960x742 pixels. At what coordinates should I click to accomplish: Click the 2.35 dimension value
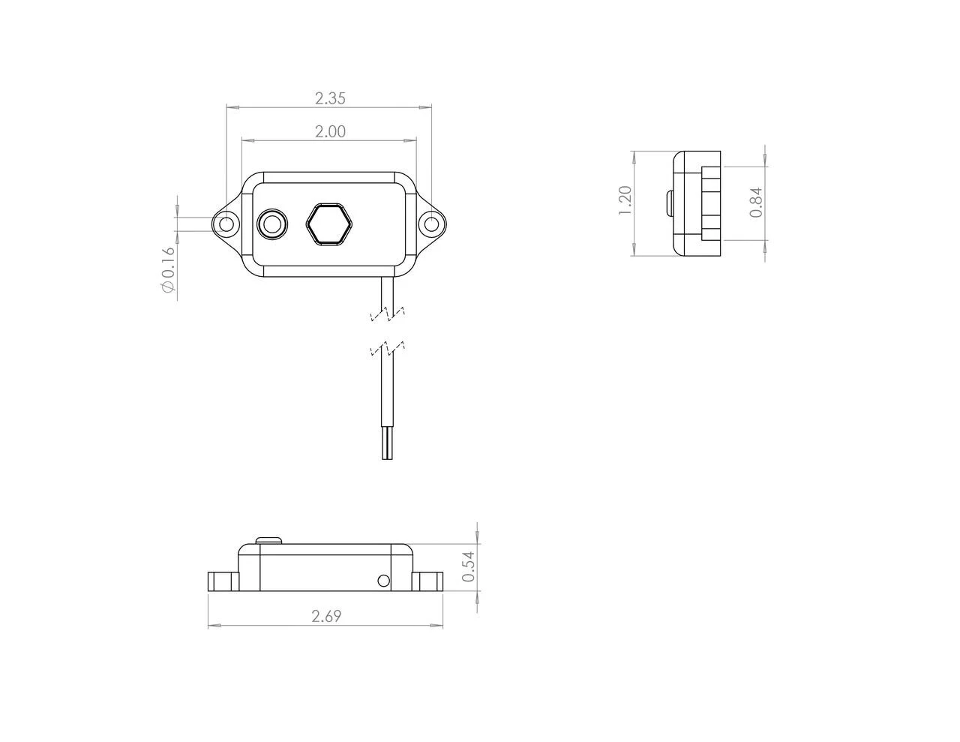click(x=330, y=98)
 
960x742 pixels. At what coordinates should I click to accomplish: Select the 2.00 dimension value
click(x=330, y=131)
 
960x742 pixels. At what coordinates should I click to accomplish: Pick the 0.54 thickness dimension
click(x=469, y=566)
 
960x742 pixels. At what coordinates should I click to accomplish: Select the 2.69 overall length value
click(x=326, y=617)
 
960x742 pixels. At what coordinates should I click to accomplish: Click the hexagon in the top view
click(x=329, y=224)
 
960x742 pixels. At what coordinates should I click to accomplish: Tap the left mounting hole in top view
click(x=226, y=224)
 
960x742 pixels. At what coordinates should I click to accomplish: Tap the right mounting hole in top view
click(x=431, y=224)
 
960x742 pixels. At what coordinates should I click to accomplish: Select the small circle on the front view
click(x=383, y=581)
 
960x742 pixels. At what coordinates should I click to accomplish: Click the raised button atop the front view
click(x=268, y=539)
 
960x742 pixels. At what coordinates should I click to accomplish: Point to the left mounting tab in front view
click(x=222, y=581)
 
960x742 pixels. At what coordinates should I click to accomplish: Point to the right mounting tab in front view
click(x=427, y=581)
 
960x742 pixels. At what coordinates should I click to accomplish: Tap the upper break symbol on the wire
click(x=388, y=314)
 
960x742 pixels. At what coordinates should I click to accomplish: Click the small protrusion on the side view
click(x=668, y=203)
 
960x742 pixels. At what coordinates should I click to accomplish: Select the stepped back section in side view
click(x=710, y=203)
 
